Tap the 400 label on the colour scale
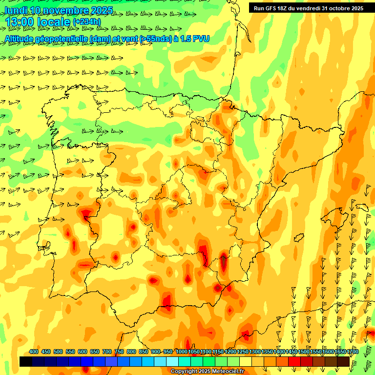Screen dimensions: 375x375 click(x=34, y=352)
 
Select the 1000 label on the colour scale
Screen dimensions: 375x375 click(x=181, y=352)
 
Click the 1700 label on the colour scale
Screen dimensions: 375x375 click(x=353, y=352)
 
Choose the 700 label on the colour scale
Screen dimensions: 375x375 click(x=107, y=352)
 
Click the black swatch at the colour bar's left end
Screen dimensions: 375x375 click(x=26, y=361)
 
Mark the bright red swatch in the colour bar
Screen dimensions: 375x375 click(x=294, y=361)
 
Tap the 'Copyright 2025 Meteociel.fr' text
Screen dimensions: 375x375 click(x=207, y=372)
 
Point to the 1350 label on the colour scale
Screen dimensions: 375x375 click(x=267, y=352)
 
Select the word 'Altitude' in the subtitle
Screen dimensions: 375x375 click(x=19, y=38)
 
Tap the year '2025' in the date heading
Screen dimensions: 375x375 click(x=102, y=10)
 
